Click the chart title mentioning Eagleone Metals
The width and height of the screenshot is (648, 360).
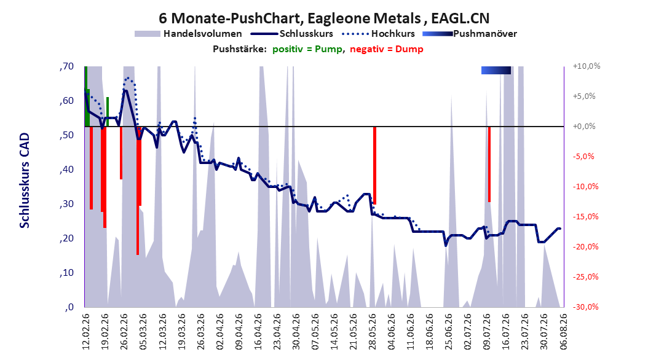tap(324, 18)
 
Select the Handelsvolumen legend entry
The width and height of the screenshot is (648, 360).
tap(189, 34)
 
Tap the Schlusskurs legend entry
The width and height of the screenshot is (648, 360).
tap(292, 34)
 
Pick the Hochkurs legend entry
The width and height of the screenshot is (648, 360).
tap(379, 34)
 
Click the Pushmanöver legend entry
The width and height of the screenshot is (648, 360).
tap(470, 34)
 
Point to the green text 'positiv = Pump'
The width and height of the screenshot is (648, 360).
tap(307, 49)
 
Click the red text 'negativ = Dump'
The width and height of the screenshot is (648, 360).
tap(387, 49)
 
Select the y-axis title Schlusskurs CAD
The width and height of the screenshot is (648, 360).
tap(25, 181)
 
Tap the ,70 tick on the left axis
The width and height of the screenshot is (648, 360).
tap(66, 66)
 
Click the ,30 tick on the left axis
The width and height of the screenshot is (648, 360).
tap(66, 204)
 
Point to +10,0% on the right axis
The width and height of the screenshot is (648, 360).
tap(587, 66)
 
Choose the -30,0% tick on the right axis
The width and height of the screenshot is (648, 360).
tap(585, 307)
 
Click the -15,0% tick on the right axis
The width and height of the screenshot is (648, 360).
tap(585, 216)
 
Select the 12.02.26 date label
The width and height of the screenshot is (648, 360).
tap(85, 331)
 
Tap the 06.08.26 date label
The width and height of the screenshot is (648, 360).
tap(563, 331)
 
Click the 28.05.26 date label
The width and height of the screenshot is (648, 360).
tap(372, 331)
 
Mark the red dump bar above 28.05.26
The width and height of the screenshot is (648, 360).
tap(374, 165)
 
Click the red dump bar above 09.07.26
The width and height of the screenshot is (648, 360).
tap(489, 164)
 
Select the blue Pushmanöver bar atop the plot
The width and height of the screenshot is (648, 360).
tap(496, 70)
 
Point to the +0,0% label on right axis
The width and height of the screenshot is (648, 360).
tap(584, 127)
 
